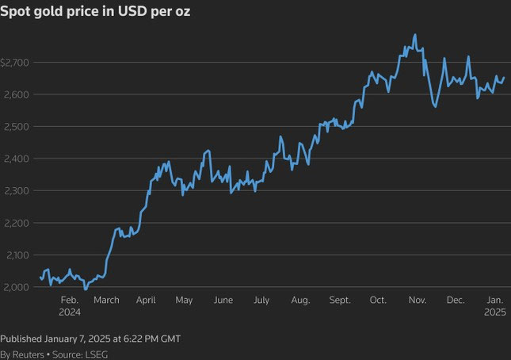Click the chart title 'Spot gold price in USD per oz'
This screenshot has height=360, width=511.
click(95, 13)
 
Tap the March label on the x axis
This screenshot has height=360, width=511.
click(106, 301)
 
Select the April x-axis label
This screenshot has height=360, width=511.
click(146, 301)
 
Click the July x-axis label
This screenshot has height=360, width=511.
click(261, 301)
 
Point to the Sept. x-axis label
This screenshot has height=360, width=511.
click(339, 301)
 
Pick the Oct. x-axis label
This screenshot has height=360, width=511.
click(378, 301)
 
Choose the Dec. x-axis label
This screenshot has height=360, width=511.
click(456, 301)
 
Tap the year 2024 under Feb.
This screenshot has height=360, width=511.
click(69, 312)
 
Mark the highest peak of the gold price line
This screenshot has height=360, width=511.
click(415, 35)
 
